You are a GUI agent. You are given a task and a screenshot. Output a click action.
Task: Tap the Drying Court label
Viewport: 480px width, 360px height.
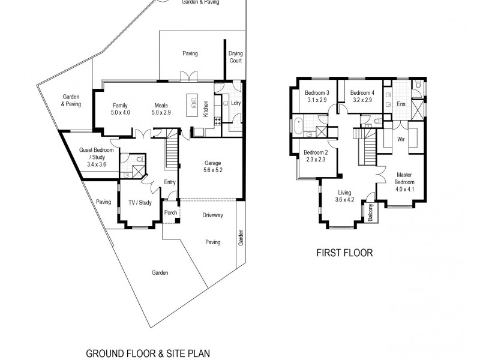tap(235, 57)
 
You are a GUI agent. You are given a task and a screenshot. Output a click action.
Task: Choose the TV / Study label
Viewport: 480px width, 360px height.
tap(140, 203)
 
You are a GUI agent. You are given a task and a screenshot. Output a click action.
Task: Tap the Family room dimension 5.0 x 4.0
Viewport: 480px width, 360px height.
tap(120, 112)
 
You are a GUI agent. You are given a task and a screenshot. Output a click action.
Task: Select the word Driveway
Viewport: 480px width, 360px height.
tap(212, 215)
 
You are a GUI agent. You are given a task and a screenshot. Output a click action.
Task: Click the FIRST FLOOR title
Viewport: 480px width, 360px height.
tap(344, 253)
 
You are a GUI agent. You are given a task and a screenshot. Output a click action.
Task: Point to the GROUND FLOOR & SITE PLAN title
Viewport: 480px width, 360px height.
tap(148, 353)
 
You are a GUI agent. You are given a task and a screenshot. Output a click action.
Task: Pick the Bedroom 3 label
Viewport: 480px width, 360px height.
tap(317, 93)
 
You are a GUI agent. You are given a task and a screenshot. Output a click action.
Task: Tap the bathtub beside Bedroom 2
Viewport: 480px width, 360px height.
tap(298, 125)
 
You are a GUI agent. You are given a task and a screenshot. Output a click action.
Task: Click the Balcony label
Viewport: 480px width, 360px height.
tap(370, 213)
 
